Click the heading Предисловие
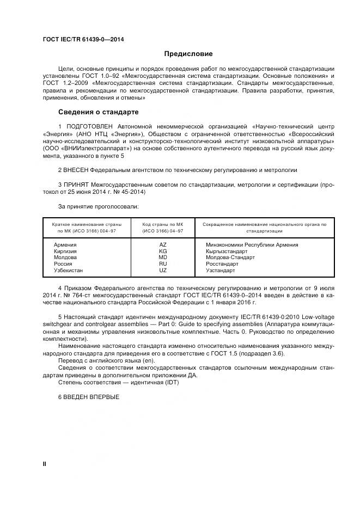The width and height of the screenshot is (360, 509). (188, 54)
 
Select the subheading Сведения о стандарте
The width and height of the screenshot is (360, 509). (98, 112)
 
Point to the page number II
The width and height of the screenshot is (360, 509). (45, 463)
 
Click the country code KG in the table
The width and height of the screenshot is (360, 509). (162, 252)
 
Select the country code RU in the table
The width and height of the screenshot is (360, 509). (162, 264)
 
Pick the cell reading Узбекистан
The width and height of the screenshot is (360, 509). (68, 271)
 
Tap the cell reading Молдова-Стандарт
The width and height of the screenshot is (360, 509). (230, 257)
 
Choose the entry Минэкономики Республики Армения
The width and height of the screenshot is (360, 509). (252, 245)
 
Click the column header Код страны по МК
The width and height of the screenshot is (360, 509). (162, 224)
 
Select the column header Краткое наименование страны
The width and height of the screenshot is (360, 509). (87, 224)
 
